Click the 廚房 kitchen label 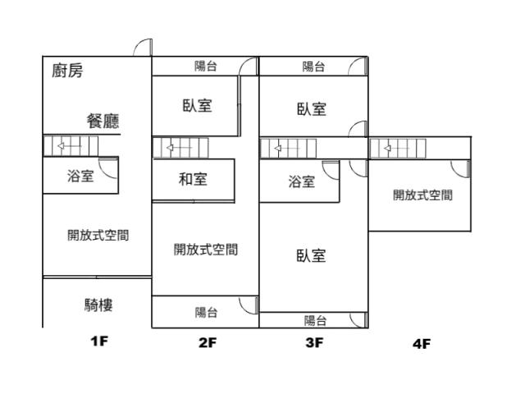point(67,71)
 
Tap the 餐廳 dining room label point(103,121)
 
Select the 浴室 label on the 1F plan point(80,176)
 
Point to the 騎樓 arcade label point(98,305)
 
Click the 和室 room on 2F point(193,179)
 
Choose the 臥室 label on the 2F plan point(197,106)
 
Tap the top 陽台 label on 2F point(206,66)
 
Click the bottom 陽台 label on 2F point(206,312)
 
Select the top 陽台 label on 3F point(313,66)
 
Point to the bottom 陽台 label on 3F point(315,321)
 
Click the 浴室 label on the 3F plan point(301,182)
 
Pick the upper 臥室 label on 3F point(312,109)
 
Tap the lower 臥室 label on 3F point(312,255)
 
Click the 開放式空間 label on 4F point(422,195)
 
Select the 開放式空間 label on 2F point(206,250)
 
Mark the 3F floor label point(314,344)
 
